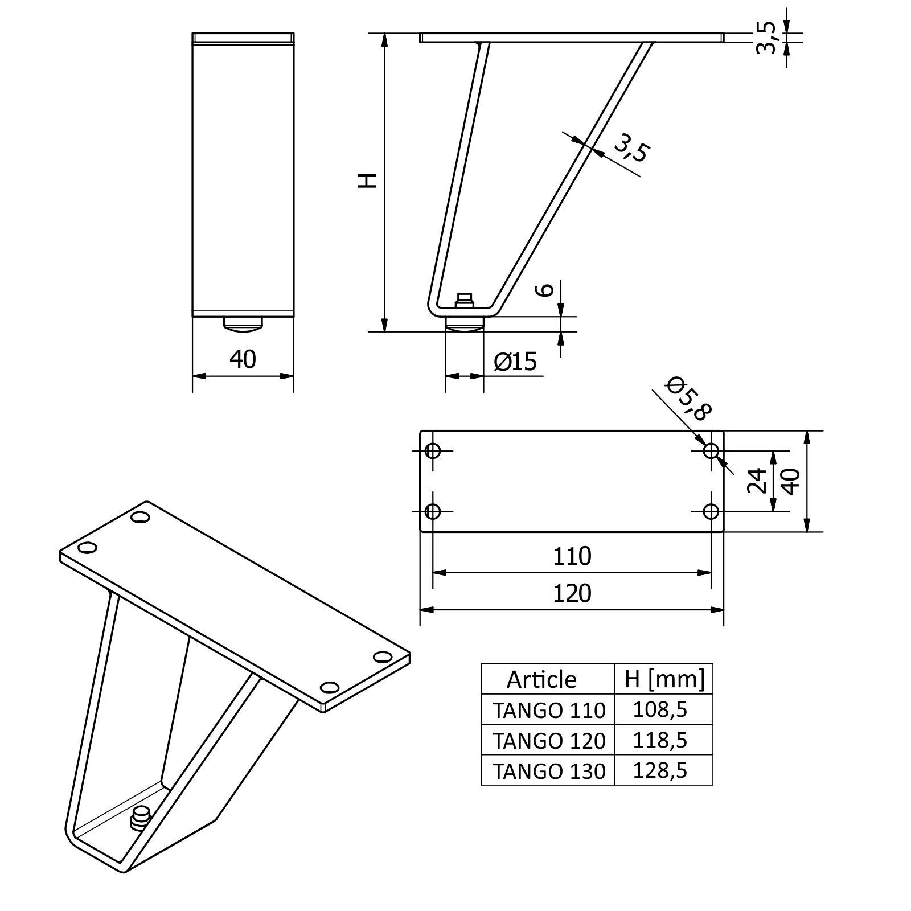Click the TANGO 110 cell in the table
549,710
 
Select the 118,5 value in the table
660,740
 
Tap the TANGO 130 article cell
549,771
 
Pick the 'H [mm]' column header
664,679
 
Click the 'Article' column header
541,679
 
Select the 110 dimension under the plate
572,556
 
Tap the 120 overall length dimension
572,593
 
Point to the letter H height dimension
368,180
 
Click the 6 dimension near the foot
545,289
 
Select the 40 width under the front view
243,359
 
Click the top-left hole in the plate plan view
433,451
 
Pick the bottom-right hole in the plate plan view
711,511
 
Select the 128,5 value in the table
660,770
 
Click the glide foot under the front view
243,325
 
